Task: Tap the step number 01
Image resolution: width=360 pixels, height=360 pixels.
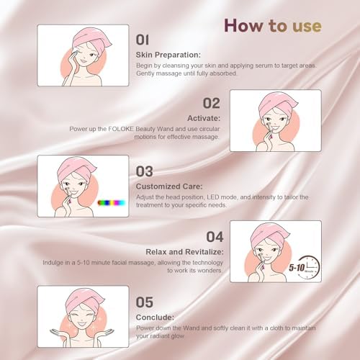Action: point(143,40)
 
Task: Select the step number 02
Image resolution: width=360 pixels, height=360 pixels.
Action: point(212,104)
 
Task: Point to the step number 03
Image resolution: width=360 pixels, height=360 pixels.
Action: point(144,171)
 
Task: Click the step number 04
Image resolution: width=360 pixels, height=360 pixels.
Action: point(215,237)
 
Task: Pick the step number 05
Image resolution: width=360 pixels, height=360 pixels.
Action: point(144,302)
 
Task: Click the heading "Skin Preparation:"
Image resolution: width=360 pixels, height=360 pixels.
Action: point(168,55)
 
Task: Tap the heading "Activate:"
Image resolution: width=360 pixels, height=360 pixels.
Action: point(204,118)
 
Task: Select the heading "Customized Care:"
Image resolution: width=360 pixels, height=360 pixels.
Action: point(169,186)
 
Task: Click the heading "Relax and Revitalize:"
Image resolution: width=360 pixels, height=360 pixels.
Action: point(184,252)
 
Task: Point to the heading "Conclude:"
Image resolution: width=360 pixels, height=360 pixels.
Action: point(155,318)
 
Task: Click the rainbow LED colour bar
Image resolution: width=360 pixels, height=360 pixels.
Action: point(112,203)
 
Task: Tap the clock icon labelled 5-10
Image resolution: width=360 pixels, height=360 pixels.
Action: point(309,267)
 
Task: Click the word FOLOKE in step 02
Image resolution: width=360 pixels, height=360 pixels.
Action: point(121,129)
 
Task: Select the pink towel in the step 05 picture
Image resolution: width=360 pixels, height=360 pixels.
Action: point(84,300)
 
